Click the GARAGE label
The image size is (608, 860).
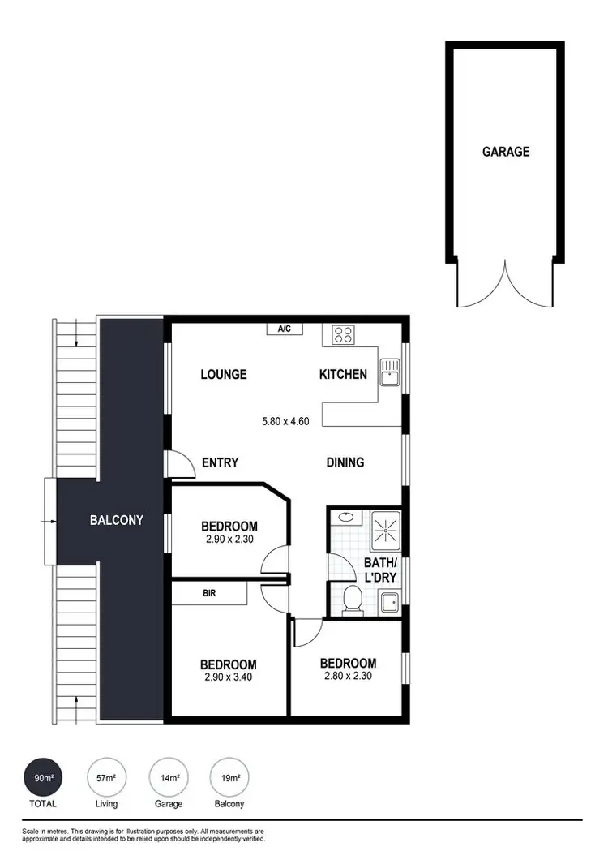pyautogui.click(x=506, y=152)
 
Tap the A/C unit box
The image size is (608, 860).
pyautogui.click(x=285, y=329)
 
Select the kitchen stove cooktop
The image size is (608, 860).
pyautogui.click(x=342, y=334)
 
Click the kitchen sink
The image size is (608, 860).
pyautogui.click(x=391, y=371)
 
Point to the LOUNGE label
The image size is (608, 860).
pyautogui.click(x=224, y=375)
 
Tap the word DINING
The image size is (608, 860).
pyautogui.click(x=345, y=462)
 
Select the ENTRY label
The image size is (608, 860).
pyautogui.click(x=220, y=463)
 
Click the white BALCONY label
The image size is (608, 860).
pyautogui.click(x=117, y=520)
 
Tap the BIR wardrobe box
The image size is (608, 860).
pyautogui.click(x=210, y=593)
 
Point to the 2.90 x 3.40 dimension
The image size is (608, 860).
pyautogui.click(x=229, y=677)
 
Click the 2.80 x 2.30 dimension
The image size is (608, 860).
pyautogui.click(x=348, y=675)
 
